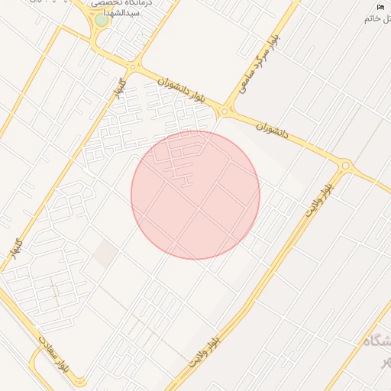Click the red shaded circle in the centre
click(x=195, y=195)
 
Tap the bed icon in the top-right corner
click(x=380, y=7)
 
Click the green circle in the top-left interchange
click(x=102, y=19)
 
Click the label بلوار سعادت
click(x=53, y=354)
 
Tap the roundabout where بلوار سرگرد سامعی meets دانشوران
click(x=225, y=113)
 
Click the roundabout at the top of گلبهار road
click(x=133, y=67)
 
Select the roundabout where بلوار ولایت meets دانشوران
click(x=346, y=165)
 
